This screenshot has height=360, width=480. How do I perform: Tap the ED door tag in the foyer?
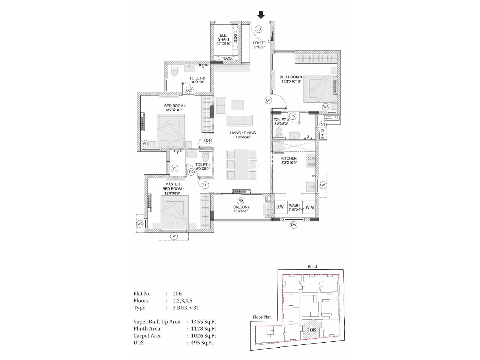coord(258,29)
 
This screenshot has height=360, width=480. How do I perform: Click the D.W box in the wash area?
coord(280,207)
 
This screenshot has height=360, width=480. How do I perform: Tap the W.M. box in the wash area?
coord(310,207)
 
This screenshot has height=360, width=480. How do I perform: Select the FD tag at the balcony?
coord(240,200)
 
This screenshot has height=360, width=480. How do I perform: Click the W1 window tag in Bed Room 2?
coord(145,144)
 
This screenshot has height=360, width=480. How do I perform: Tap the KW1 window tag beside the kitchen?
coord(323,185)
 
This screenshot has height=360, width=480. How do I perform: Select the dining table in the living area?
coord(242,164)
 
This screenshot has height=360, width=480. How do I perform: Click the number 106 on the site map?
coord(311,330)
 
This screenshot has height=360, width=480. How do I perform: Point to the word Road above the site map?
coord(312,266)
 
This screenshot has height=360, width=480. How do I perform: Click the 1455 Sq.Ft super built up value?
coord(203,322)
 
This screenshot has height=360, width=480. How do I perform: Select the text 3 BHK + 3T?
coord(186,307)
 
